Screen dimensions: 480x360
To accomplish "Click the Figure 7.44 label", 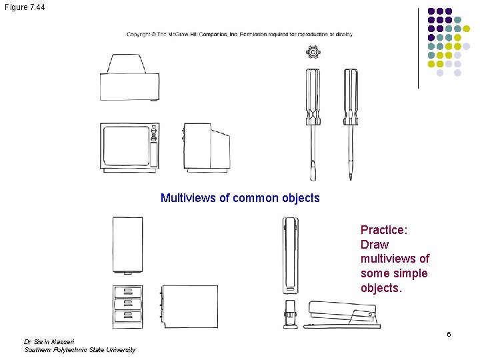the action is [x=25, y=6].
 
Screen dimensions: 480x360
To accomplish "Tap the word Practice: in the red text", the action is [x=384, y=230].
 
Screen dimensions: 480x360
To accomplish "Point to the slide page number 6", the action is [x=449, y=334].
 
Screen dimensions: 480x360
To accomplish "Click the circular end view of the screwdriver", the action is [x=313, y=52].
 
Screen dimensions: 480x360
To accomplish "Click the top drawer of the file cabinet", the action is [x=128, y=292].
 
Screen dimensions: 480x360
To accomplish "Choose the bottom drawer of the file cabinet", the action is [x=128, y=315].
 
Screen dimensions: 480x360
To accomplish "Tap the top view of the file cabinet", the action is [x=127, y=243].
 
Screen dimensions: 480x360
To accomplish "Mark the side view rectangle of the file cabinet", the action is [x=190, y=306].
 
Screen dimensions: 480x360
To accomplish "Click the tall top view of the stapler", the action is [x=290, y=253].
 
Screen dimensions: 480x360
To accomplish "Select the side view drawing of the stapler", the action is [x=343, y=315].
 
